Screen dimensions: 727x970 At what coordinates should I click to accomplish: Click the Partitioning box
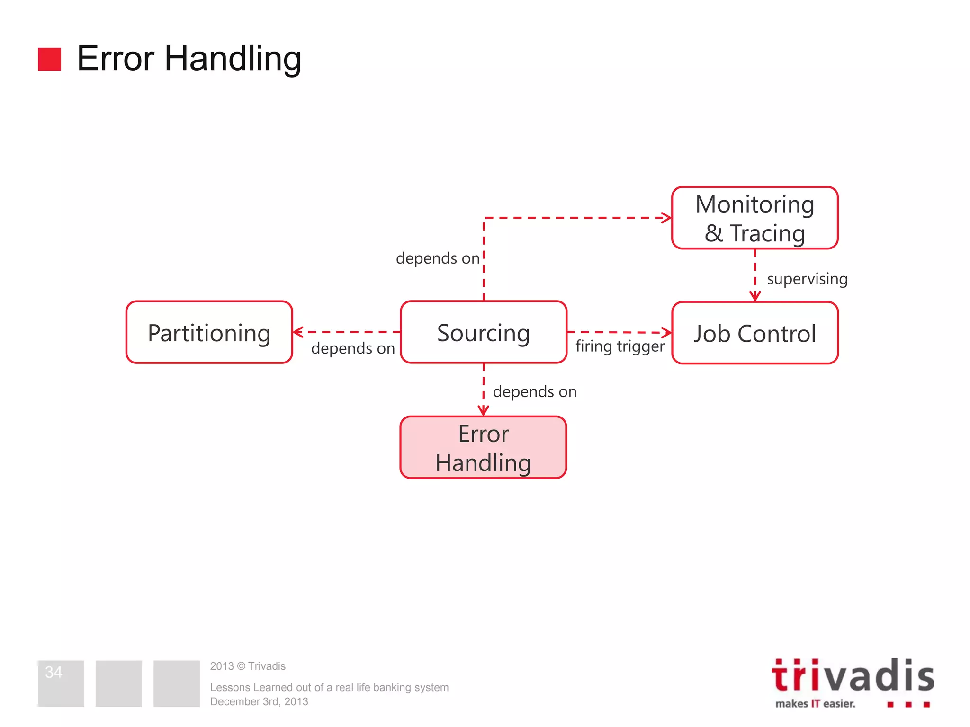coord(209,332)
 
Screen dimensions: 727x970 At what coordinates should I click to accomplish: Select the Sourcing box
coord(483,332)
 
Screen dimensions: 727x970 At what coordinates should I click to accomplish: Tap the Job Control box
coord(754,333)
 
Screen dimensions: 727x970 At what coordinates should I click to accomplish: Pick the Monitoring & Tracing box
coord(754,218)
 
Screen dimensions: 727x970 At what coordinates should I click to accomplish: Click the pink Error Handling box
coord(483,447)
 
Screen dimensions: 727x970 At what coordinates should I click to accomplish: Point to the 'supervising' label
coord(807,279)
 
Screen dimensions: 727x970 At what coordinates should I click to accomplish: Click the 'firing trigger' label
coord(620,346)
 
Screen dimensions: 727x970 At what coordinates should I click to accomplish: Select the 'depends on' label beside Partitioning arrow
coord(353,348)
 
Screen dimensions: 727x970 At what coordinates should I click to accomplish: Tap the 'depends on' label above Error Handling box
coord(535,391)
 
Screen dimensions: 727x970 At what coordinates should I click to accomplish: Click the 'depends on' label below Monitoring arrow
coord(438,258)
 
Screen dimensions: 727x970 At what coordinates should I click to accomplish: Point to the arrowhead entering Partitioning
coord(298,332)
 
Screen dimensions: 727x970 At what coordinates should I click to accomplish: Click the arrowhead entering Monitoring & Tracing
coord(666,218)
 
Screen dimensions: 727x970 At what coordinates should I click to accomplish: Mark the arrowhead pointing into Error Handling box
coord(483,410)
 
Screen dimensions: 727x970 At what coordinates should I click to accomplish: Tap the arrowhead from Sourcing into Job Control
coord(666,332)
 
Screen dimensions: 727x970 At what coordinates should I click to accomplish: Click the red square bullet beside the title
coord(49,59)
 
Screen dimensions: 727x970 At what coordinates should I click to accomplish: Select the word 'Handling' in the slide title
coord(233,59)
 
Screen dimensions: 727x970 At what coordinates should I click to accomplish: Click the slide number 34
coord(54,672)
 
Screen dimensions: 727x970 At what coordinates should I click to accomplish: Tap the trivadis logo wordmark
coord(853,676)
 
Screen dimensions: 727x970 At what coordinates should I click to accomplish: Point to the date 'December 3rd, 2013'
coord(259,701)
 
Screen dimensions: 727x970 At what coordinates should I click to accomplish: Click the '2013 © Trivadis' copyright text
coord(248,666)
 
